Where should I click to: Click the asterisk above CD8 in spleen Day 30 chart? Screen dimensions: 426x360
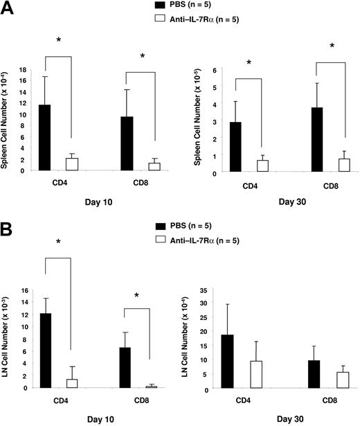331,46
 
